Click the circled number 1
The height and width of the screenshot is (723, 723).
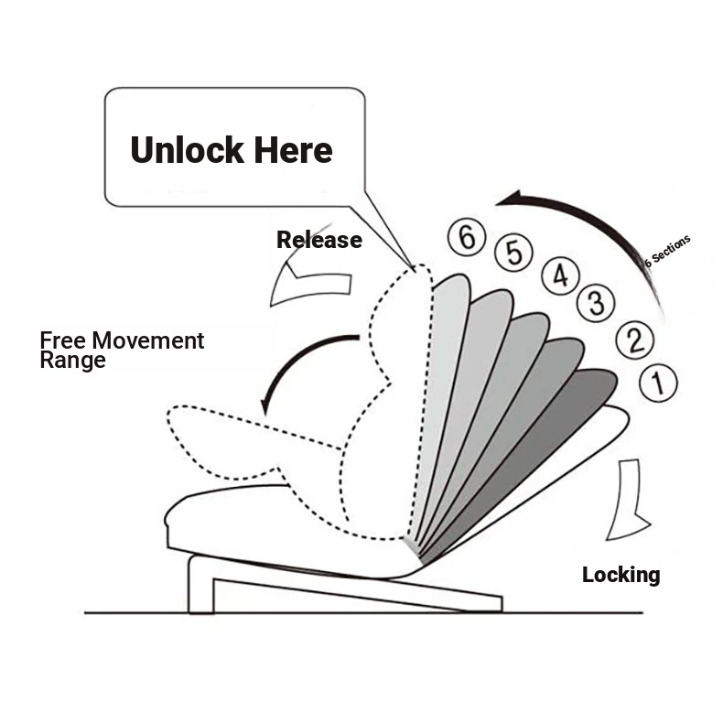click(x=658, y=382)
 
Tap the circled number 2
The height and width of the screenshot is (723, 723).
click(x=633, y=340)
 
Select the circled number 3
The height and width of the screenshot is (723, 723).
click(x=596, y=301)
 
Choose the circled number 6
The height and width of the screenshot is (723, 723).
click(x=467, y=238)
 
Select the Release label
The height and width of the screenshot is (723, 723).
click(x=319, y=241)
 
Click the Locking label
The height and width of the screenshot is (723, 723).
click(x=620, y=575)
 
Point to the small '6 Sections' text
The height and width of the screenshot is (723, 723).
click(x=667, y=251)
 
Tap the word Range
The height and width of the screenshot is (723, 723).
click(x=72, y=361)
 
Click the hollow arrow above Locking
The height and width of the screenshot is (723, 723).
click(x=629, y=499)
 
